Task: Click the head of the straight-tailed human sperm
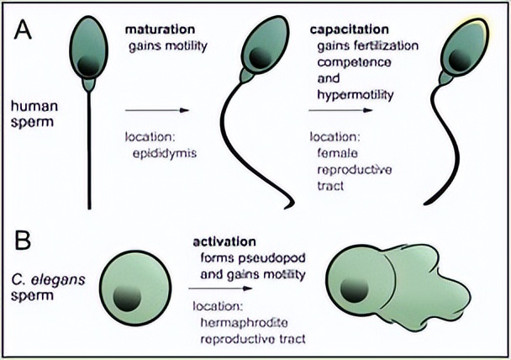[89, 50]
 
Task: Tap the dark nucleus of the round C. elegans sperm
[128, 296]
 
